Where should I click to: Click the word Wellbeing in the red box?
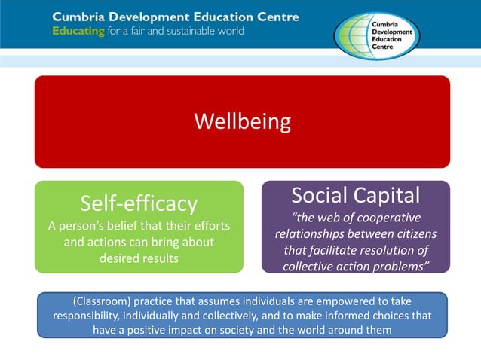pos(242,121)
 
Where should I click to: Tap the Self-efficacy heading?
pos(139,203)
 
